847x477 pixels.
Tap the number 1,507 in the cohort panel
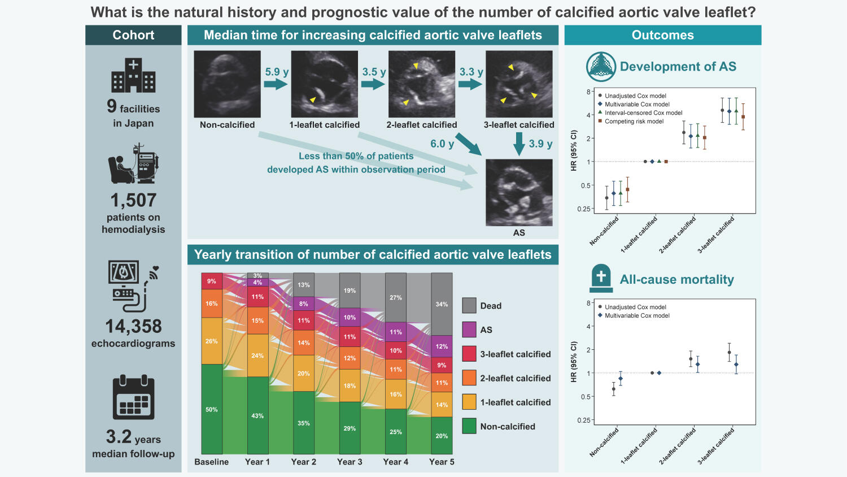[x=133, y=201]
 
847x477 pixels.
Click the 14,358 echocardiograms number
[x=133, y=327]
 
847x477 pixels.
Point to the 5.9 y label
[x=277, y=72]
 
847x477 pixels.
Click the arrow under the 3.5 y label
[x=373, y=84]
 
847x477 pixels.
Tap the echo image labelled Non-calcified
[x=227, y=84]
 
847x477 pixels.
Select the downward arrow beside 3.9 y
[x=519, y=144]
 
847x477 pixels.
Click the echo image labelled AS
[x=519, y=192]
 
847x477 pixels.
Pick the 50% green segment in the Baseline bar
[x=212, y=409]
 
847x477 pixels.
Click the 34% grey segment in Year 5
[x=442, y=304]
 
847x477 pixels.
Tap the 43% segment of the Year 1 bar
[x=257, y=415]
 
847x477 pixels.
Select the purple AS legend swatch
[x=469, y=329]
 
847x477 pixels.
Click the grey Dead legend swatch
[x=469, y=306]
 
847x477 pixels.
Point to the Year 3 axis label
[x=350, y=462]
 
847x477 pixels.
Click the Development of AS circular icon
[x=601, y=67]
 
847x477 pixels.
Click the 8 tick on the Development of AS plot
[x=588, y=92]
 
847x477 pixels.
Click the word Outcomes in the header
[x=662, y=35]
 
